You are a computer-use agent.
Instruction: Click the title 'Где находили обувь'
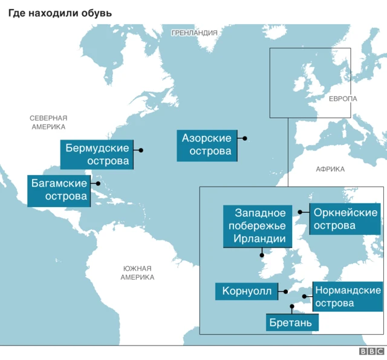pos(60,12)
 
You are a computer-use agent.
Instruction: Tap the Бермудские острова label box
pos(97,155)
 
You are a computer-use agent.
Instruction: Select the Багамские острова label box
pos(59,190)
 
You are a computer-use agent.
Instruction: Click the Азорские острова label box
pos(207,145)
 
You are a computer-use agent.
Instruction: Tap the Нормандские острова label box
pos(348,297)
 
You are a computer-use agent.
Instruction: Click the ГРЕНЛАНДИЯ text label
pos(194,33)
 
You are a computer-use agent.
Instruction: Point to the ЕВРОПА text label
pos(343,98)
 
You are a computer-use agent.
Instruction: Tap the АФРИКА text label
pos(330,169)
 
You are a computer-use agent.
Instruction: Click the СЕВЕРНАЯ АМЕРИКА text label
pos(48,122)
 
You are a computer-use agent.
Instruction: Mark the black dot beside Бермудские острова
pos(141,150)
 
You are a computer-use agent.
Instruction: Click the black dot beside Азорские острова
pos(245,138)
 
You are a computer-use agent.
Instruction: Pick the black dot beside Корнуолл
pos(285,291)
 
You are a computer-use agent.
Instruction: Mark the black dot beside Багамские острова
pos(97,184)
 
